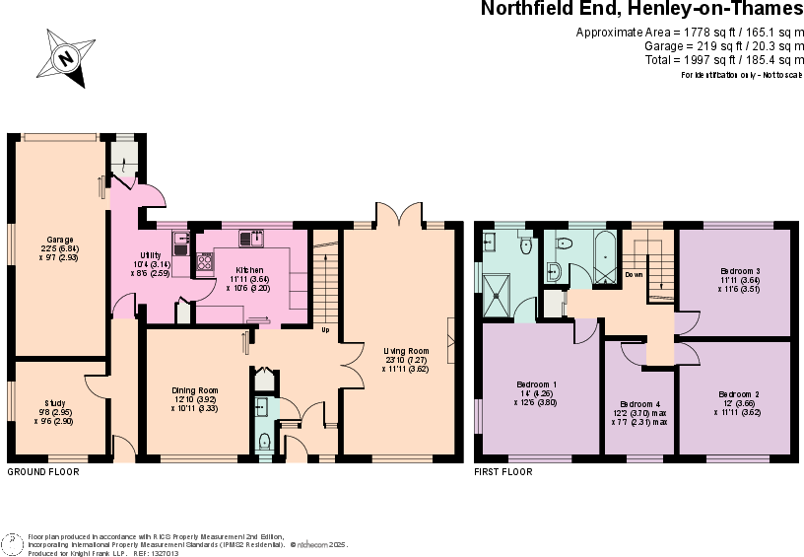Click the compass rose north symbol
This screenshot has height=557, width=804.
click(x=66, y=57)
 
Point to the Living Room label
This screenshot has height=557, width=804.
click(x=406, y=351)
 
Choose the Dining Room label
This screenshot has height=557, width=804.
click(x=193, y=390)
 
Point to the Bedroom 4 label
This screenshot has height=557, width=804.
click(x=642, y=404)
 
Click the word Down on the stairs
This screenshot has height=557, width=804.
click(x=634, y=274)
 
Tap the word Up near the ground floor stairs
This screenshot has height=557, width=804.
click(x=325, y=329)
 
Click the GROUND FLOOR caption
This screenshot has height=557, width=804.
click(x=42, y=472)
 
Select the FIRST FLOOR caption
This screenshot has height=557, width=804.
click(x=503, y=472)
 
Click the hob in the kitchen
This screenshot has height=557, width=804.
click(x=206, y=262)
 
